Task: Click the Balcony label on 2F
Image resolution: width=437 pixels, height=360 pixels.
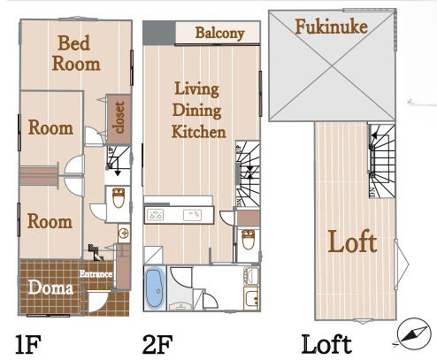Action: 219,34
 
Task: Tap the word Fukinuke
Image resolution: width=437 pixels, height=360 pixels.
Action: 331,27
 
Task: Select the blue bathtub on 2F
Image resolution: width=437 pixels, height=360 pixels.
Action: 155,287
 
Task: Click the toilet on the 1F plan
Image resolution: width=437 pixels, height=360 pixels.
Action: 119,197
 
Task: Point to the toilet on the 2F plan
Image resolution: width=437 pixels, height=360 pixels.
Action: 248,240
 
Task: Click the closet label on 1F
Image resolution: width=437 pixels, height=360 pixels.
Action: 119,118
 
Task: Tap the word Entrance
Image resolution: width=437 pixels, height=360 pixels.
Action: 96,274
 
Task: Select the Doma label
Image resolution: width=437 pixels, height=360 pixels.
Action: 50,287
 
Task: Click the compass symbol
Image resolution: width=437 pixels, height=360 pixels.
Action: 412,333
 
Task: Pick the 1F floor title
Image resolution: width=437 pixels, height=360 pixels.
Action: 28,344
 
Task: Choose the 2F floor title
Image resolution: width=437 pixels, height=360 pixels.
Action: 157,344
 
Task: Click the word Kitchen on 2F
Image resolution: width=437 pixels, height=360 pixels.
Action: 199,132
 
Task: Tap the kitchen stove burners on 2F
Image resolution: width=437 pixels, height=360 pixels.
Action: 156,214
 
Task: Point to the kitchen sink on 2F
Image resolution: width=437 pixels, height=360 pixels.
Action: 193,215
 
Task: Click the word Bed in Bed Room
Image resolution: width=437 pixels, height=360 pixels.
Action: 73,43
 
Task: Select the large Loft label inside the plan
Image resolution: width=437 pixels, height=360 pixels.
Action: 352,241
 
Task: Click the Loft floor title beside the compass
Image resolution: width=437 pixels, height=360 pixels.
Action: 326,344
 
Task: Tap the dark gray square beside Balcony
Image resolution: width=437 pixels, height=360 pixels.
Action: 159,33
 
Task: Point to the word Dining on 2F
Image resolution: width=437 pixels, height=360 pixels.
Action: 196,111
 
